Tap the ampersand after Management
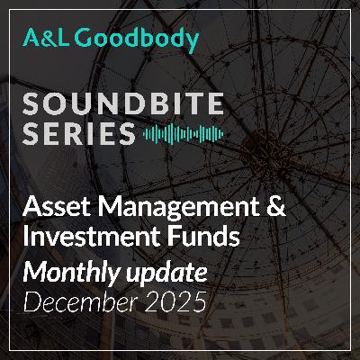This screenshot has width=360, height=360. [275, 210]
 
